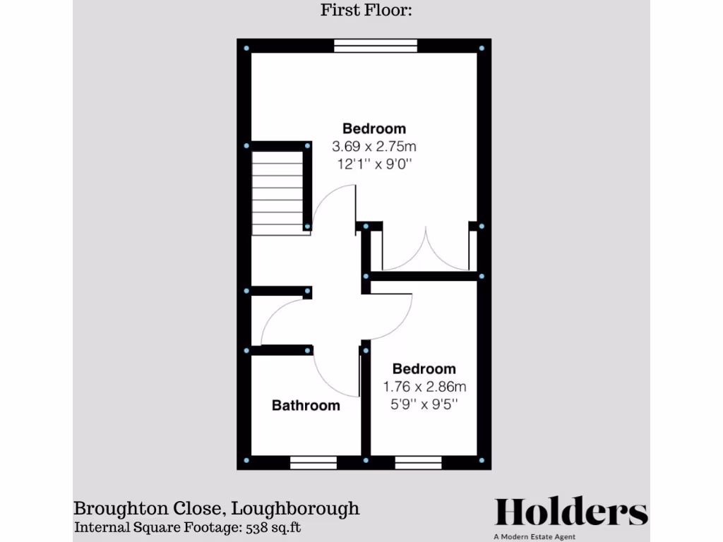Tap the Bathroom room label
click(x=306, y=405)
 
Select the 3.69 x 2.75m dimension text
click(x=374, y=147)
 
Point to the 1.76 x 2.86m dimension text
click(x=424, y=387)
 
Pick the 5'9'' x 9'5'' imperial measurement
click(x=424, y=404)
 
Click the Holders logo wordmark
click(x=570, y=512)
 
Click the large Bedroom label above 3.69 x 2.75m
click(x=374, y=128)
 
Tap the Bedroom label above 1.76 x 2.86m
click(x=424, y=368)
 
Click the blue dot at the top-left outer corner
click(x=246, y=48)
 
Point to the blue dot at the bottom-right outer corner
click(x=482, y=460)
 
